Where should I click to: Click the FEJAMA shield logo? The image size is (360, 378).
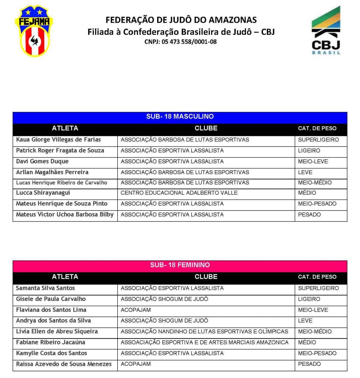click(34, 31)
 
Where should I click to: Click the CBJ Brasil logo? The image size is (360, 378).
click(326, 31)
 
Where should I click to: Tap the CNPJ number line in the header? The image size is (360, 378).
click(181, 42)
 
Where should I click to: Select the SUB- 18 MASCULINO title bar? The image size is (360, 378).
click(180, 117)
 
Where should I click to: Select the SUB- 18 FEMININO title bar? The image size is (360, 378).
click(180, 265)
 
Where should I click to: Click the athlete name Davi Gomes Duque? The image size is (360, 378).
click(42, 161)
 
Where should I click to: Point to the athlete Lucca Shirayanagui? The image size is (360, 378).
click(43, 193)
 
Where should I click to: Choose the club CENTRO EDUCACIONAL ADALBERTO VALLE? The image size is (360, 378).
click(179, 193)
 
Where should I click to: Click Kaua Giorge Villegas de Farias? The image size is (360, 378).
click(58, 140)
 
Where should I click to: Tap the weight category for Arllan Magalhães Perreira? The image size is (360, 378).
click(305, 172)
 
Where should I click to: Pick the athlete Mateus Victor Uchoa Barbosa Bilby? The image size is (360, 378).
click(65, 214)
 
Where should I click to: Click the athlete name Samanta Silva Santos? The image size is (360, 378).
click(45, 288)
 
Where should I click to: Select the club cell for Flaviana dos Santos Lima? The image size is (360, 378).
click(136, 310)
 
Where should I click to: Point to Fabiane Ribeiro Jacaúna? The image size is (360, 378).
click(51, 342)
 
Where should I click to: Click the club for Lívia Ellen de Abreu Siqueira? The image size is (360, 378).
click(204, 331)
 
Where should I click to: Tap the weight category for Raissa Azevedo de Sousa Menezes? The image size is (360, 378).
click(309, 364)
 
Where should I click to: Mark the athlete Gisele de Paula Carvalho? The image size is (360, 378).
click(51, 299)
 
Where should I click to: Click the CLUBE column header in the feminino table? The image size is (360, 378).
click(206, 276)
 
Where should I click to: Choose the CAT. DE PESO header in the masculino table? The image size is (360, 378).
click(317, 128)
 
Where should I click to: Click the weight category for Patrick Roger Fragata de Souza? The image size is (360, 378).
click(309, 151)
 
